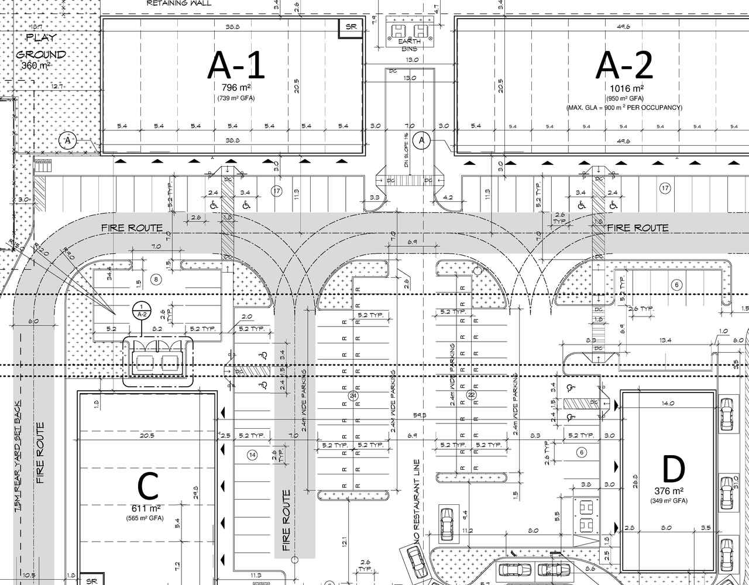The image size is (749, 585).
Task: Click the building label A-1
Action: tap(236, 65)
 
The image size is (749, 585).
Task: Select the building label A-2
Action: tap(624, 65)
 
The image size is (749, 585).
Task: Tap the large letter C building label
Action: tap(147, 486)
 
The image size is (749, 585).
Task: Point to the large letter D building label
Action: tap(673, 469)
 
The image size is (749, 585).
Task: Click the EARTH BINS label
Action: tap(410, 45)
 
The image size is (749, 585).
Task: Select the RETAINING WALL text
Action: tap(179, 4)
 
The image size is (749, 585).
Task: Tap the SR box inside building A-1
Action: tap(351, 27)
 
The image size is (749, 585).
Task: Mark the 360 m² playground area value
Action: tap(36, 66)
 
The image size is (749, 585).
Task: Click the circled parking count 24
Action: tap(353, 396)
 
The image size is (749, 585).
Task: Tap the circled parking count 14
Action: tap(252, 455)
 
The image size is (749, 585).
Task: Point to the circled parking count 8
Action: tap(156, 279)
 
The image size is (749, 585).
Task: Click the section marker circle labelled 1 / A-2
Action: tap(140, 309)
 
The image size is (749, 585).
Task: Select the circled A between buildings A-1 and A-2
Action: tap(421, 140)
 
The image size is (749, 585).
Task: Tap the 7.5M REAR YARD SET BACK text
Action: tap(19, 456)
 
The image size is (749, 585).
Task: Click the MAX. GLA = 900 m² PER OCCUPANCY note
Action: tap(624, 108)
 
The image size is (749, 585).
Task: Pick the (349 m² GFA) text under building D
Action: tap(669, 501)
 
